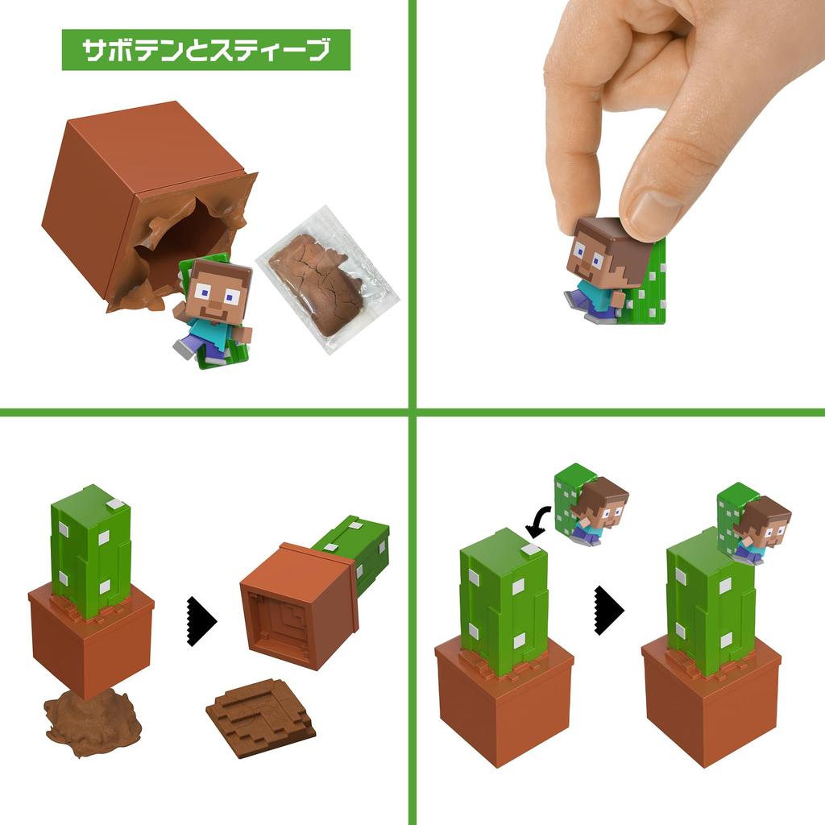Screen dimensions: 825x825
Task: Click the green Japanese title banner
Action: (205, 50)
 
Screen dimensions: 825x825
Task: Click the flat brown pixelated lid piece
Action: (259, 713)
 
